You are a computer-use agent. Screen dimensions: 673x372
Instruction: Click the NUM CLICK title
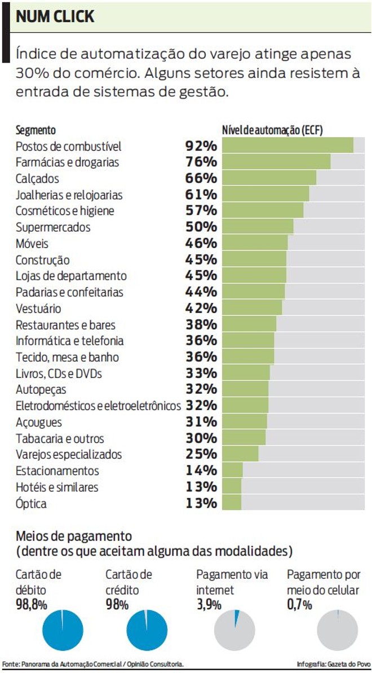[x=55, y=17]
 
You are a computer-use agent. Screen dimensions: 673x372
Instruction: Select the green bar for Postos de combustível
[x=287, y=146]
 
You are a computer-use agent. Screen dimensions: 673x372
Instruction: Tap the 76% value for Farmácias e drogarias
[x=201, y=162]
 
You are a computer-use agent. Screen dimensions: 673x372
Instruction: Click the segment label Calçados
[x=37, y=179]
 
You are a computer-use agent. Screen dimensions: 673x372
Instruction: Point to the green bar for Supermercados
[x=258, y=227]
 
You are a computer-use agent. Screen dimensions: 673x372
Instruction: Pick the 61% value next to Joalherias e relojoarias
[x=201, y=195]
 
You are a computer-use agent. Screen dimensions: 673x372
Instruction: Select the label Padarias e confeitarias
[x=69, y=292]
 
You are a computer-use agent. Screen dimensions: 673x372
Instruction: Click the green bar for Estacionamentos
[x=232, y=470]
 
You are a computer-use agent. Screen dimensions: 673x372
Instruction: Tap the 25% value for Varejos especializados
[x=201, y=454]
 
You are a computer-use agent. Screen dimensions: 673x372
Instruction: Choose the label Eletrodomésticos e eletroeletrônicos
[x=98, y=406]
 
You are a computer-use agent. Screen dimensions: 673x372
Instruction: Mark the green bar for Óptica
[x=232, y=503]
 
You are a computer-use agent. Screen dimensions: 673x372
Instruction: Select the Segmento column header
[x=36, y=130]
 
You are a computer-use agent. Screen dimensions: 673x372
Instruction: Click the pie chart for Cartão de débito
[x=63, y=630]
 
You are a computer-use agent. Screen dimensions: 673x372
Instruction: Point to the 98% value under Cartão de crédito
[x=117, y=605]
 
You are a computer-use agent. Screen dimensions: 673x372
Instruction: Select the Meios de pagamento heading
[x=74, y=535]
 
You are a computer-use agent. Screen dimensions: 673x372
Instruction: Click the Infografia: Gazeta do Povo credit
[x=333, y=664]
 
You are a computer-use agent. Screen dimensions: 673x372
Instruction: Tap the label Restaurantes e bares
[x=65, y=325]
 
